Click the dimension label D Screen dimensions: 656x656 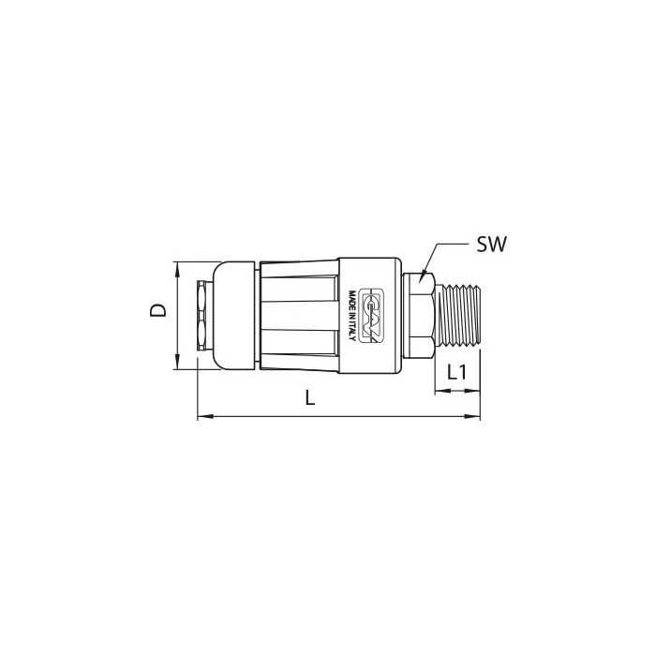click(158, 310)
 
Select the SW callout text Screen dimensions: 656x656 click(492, 244)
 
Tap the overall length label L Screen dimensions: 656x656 click(309, 397)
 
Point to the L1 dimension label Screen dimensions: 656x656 click(457, 372)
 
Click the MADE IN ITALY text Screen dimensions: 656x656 click(352, 316)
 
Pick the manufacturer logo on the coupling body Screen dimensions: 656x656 click(371, 316)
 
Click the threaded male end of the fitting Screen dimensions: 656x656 click(457, 316)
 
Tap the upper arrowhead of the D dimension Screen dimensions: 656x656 click(177, 269)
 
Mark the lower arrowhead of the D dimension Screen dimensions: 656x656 click(177, 363)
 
